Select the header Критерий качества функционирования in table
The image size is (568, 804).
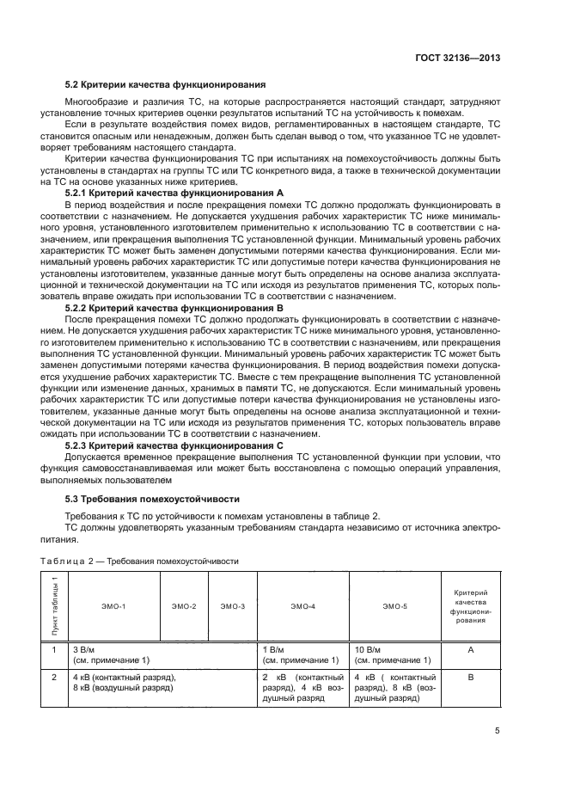click(470, 606)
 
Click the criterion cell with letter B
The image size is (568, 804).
click(470, 678)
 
